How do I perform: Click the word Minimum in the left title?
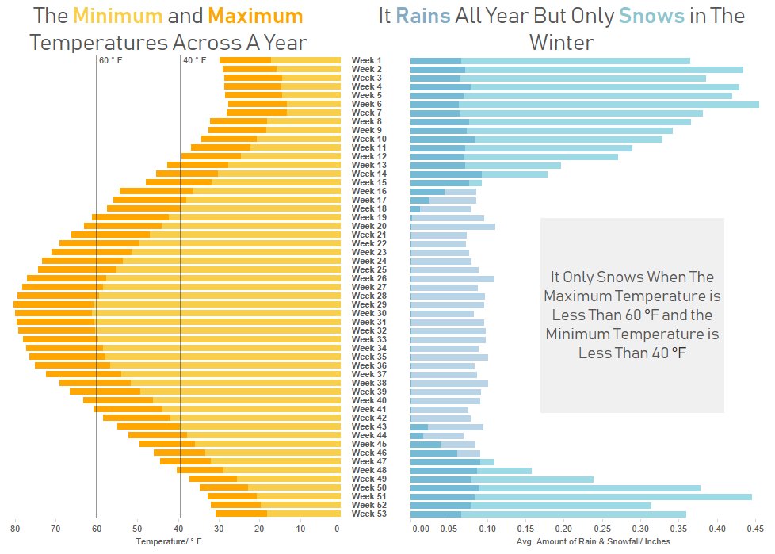(117, 17)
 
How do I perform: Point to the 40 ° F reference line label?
(194, 61)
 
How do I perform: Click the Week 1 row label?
(366, 61)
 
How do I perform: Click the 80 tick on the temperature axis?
(14, 529)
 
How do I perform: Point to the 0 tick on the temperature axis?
(337, 529)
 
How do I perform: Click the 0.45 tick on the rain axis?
(755, 529)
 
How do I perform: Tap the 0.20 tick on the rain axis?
(563, 529)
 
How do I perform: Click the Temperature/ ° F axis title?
(169, 541)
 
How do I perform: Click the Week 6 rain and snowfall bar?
(584, 105)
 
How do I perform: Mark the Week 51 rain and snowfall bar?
(581, 497)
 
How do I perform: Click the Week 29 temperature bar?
(174, 304)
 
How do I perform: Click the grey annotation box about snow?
(632, 315)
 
